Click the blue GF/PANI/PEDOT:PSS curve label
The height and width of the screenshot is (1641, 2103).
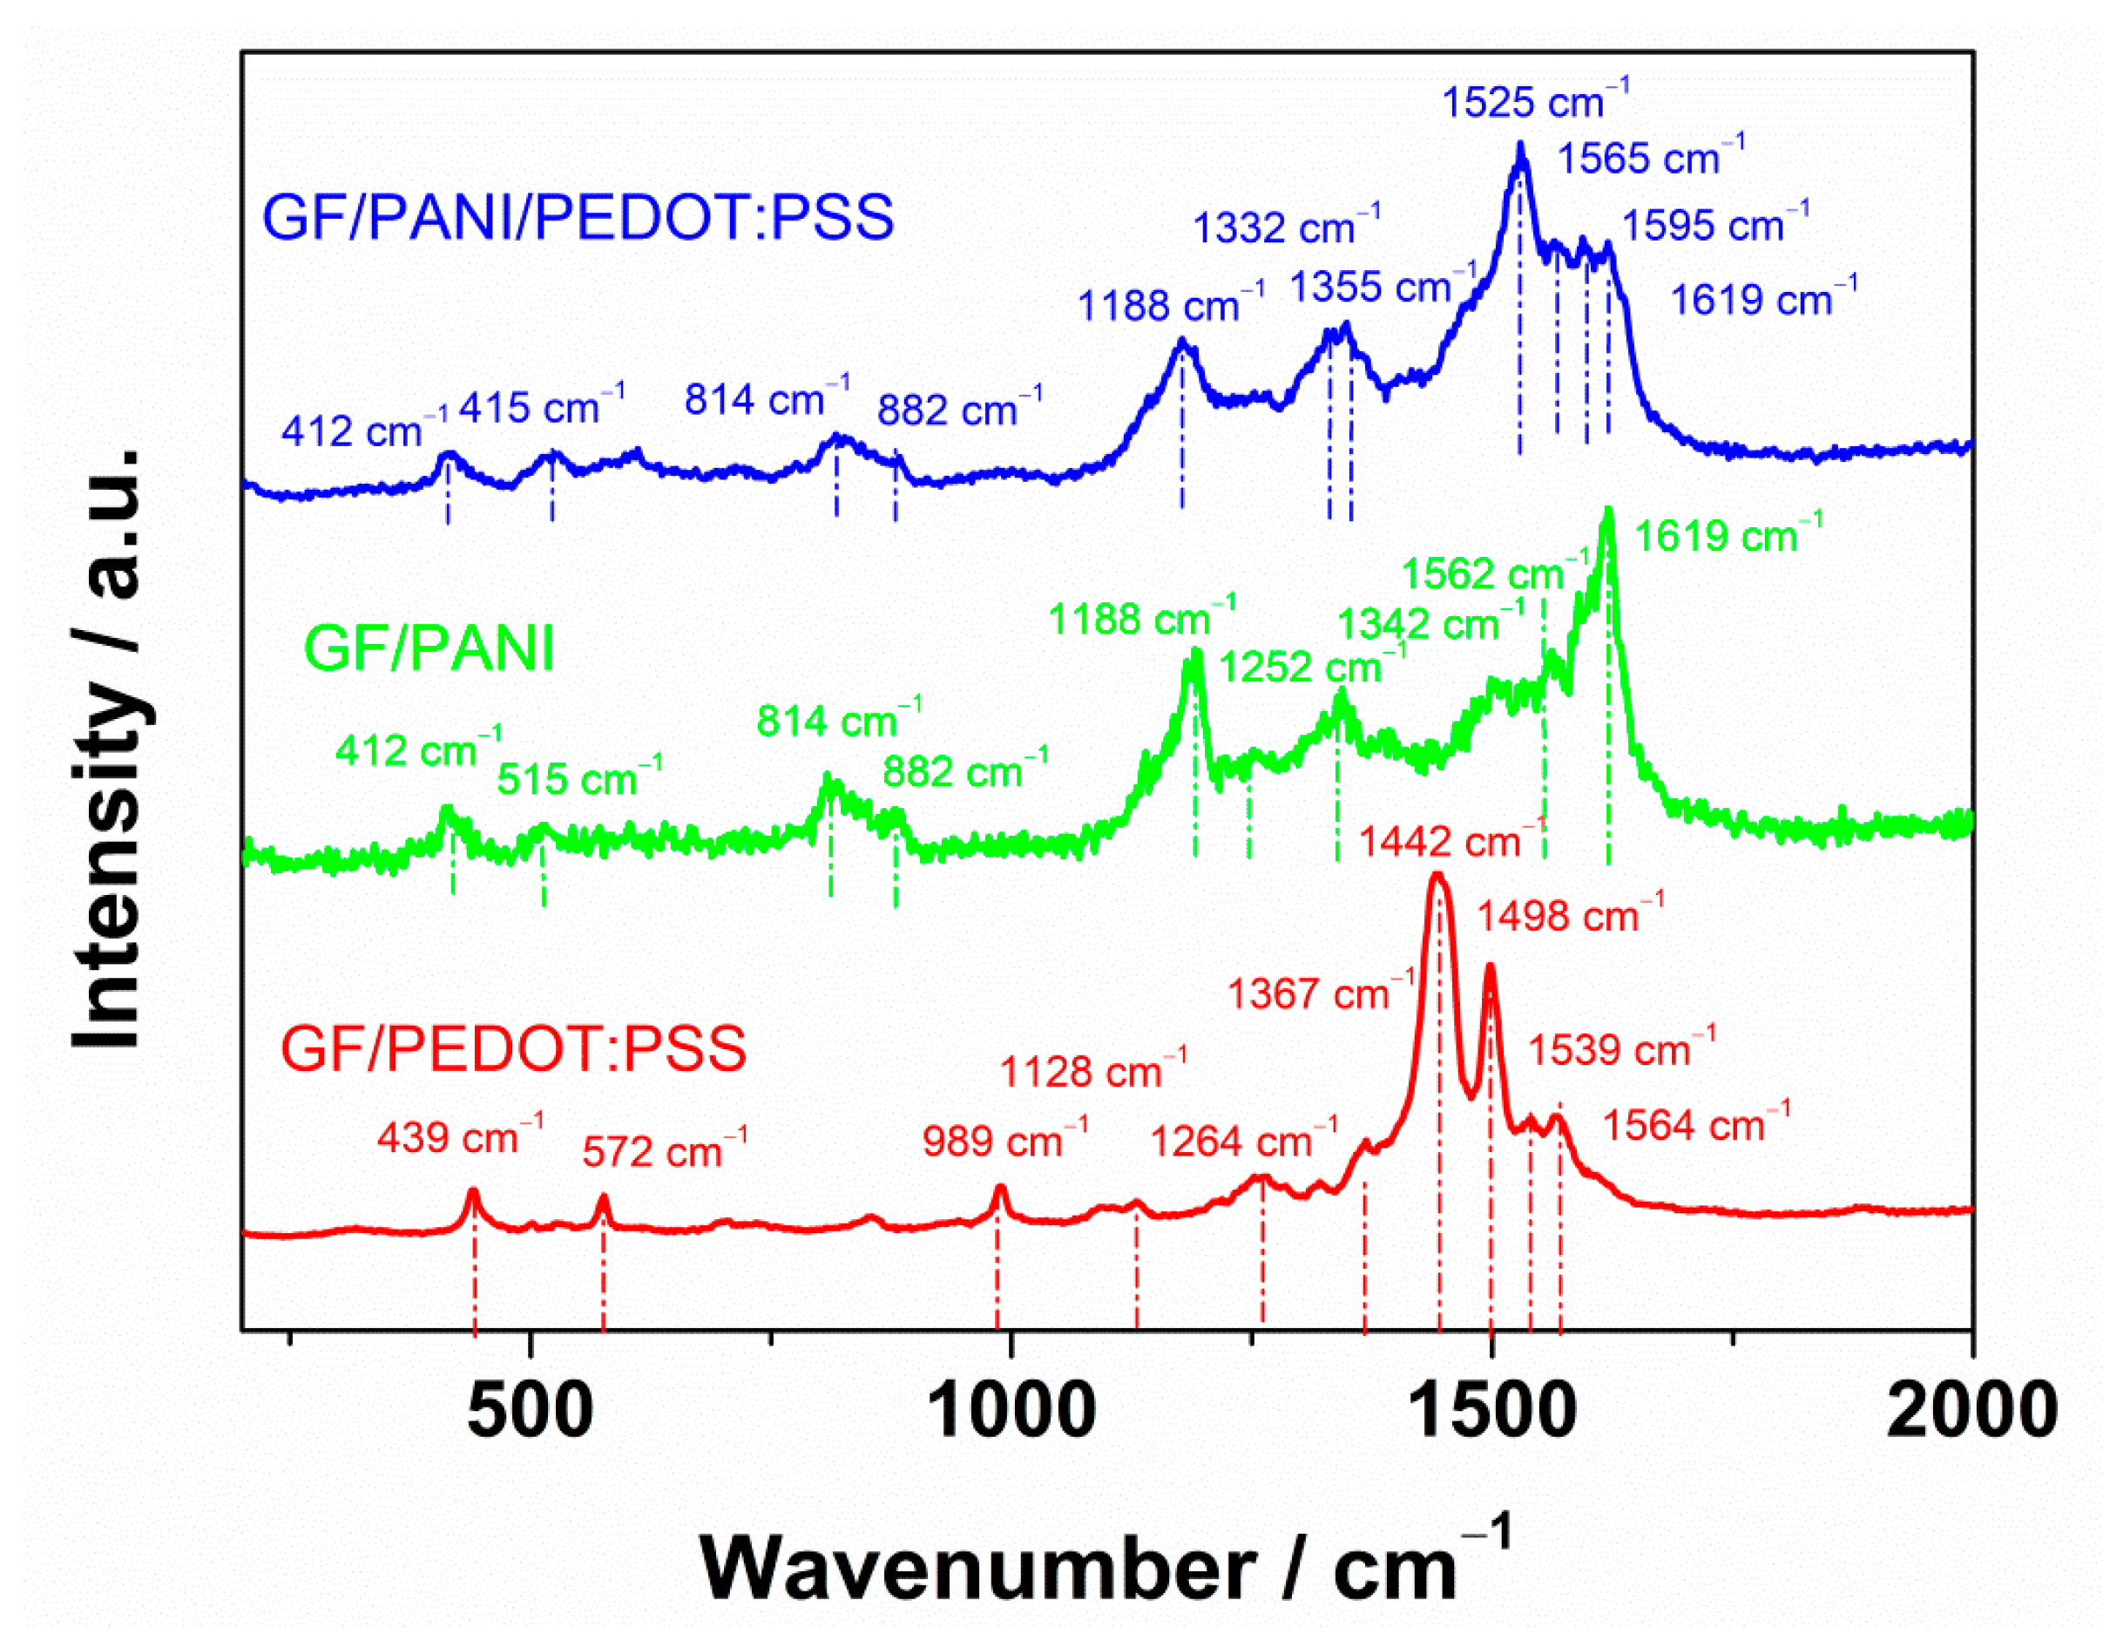pos(578,217)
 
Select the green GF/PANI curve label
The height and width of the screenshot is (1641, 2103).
pos(429,648)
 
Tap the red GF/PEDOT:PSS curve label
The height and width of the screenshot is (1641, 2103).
pos(513,1048)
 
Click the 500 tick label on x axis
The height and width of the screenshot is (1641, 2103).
pos(530,1413)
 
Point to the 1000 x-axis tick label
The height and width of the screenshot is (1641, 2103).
pos(1011,1413)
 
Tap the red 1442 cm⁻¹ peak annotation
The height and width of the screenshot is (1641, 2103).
pos(1451,841)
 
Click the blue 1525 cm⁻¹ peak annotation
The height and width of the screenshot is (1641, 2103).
pos(1535,100)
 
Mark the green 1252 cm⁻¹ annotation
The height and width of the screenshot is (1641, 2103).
pos(1311,666)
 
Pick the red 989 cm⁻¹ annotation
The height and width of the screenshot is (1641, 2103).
pos(1004,1140)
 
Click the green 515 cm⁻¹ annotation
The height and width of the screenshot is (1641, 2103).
pos(578,777)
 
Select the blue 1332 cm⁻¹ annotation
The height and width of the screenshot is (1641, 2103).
pos(1286,227)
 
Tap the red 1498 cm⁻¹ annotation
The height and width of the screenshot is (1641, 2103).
pos(1570,915)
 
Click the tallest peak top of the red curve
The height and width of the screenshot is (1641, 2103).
pos(1437,875)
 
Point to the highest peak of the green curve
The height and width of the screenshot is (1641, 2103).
pos(1606,511)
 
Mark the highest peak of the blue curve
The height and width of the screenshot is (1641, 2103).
pos(1520,146)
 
